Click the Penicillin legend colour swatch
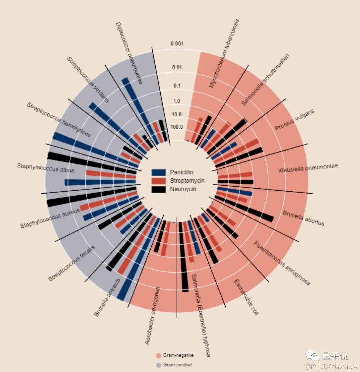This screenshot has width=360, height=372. click(x=159, y=172)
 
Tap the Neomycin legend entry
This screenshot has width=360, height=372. click(x=183, y=189)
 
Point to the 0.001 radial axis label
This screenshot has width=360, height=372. click(x=177, y=44)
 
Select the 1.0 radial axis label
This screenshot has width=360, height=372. click(x=177, y=101)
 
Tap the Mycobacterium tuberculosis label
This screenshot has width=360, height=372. click(x=224, y=53)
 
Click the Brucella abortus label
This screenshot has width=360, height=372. click(x=303, y=218)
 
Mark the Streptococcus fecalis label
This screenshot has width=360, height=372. click(x=71, y=263)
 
